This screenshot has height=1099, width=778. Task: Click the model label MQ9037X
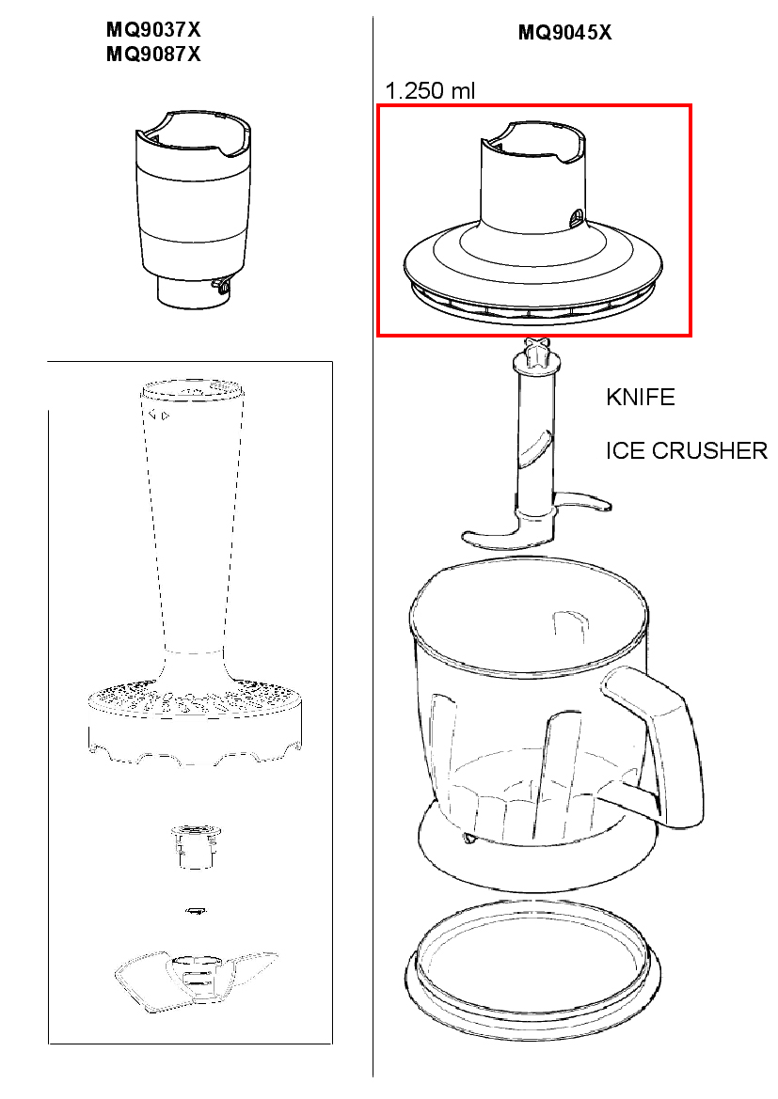click(153, 29)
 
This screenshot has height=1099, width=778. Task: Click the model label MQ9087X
click(153, 54)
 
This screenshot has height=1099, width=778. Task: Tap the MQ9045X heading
click(564, 32)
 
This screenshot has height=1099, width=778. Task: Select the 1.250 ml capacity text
click(430, 90)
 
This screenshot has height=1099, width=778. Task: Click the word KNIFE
click(640, 398)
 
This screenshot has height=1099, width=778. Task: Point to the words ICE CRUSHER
click(686, 450)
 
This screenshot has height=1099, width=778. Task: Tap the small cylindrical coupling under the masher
click(197, 846)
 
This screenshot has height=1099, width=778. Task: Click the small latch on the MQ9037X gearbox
click(220, 285)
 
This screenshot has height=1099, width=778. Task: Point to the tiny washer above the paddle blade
click(196, 910)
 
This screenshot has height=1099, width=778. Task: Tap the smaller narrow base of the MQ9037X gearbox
click(191, 293)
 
